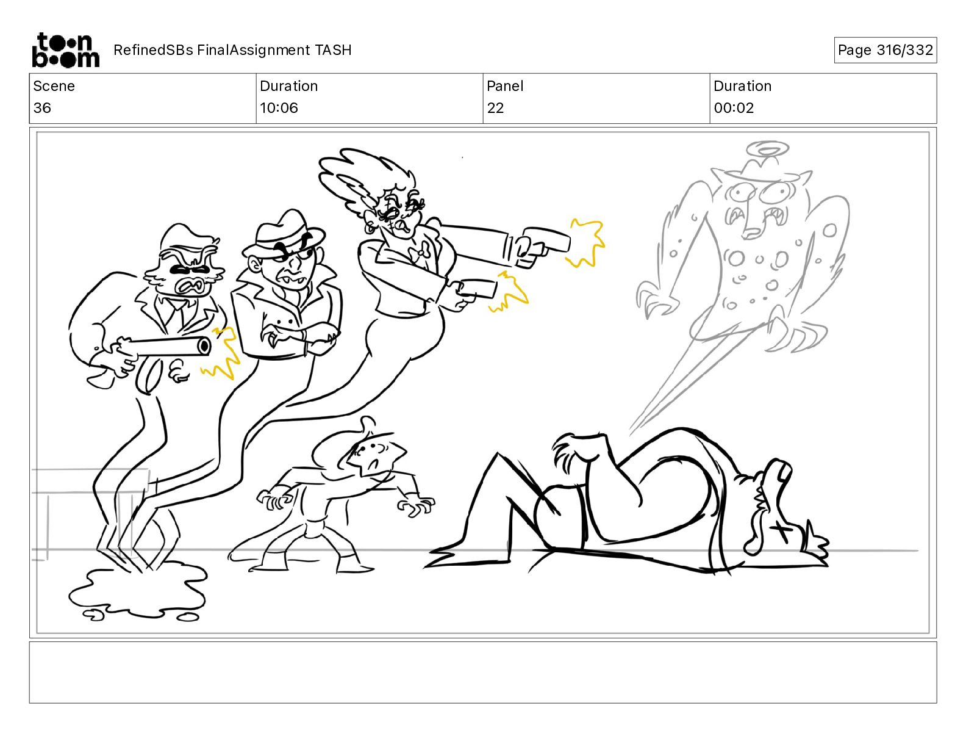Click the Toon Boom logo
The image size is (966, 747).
66,50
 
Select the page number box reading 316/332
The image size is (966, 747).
885,50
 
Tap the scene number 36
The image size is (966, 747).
42,107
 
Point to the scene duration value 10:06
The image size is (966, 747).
279,107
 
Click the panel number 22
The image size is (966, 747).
495,107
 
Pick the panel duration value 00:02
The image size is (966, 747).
734,107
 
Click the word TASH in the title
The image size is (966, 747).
333,50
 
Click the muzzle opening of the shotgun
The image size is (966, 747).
205,345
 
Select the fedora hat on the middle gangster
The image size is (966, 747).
284,234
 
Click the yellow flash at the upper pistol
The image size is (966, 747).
586,242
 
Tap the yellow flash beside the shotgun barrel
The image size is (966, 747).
221,354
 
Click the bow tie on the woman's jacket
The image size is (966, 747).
419,252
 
